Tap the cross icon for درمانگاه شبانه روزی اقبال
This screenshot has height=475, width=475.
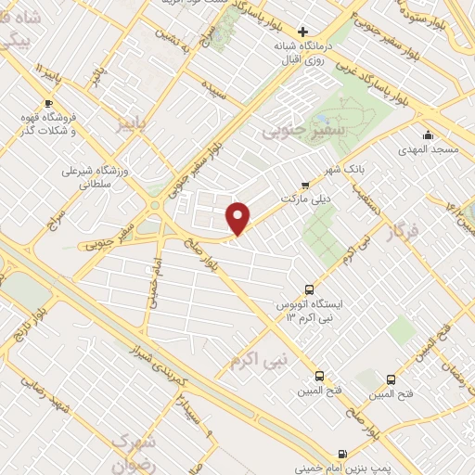pos(302,32)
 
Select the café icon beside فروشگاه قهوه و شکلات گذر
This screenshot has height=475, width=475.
pos(49,103)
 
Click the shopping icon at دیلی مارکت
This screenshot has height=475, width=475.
pos(307,185)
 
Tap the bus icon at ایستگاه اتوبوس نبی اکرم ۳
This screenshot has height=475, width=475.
pos(313,289)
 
